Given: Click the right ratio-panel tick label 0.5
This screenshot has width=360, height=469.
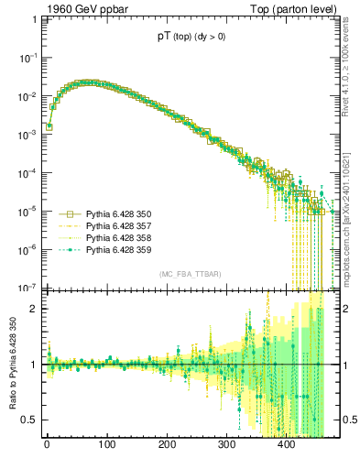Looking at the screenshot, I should [x=347, y=420].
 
